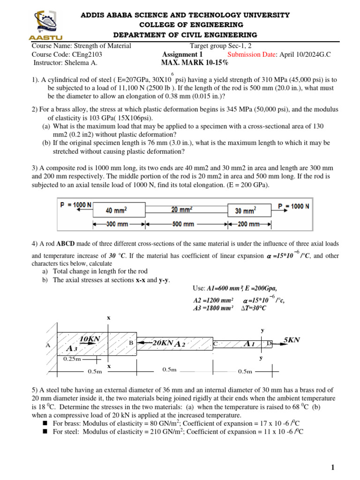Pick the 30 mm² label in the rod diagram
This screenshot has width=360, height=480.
coord(245,210)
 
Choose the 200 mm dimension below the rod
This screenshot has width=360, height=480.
coord(248,225)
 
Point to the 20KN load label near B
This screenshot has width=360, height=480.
coord(162,343)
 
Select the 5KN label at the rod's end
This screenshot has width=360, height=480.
coord(292,339)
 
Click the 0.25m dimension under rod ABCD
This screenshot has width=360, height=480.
coord(72,359)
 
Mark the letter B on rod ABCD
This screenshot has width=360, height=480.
coord(131,343)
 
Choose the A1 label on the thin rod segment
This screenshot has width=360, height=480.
coord(249,344)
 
